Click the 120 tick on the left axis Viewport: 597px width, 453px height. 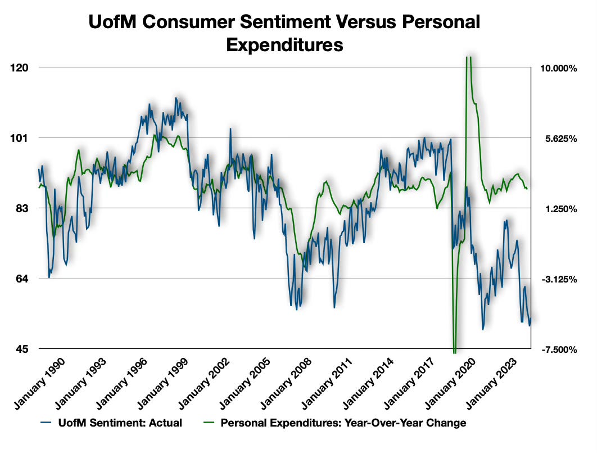click(x=20, y=68)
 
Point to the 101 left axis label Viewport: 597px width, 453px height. click(x=20, y=138)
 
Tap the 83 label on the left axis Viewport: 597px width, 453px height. click(x=21, y=208)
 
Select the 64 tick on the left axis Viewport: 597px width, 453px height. click(x=21, y=279)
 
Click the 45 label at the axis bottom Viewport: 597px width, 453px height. click(x=21, y=349)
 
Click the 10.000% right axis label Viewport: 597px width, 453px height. click(x=558, y=69)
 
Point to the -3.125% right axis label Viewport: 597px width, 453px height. click(x=558, y=280)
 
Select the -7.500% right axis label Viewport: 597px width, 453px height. click(x=558, y=350)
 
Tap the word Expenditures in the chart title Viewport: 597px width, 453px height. click(x=284, y=44)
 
